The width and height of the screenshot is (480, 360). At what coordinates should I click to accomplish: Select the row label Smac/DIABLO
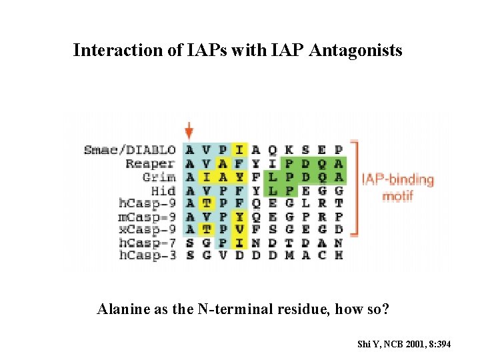coord(130,150)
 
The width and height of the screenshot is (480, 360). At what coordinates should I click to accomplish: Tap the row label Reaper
coord(150,163)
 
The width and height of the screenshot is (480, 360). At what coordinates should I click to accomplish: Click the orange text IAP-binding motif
coord(397,188)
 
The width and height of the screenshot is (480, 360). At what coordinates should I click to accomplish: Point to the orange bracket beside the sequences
coord(355,188)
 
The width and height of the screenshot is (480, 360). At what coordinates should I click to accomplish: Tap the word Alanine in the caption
coord(122,309)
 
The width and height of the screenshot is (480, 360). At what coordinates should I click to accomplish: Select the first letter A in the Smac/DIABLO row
coord(191,150)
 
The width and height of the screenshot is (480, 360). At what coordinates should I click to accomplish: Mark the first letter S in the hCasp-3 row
coord(191,255)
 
